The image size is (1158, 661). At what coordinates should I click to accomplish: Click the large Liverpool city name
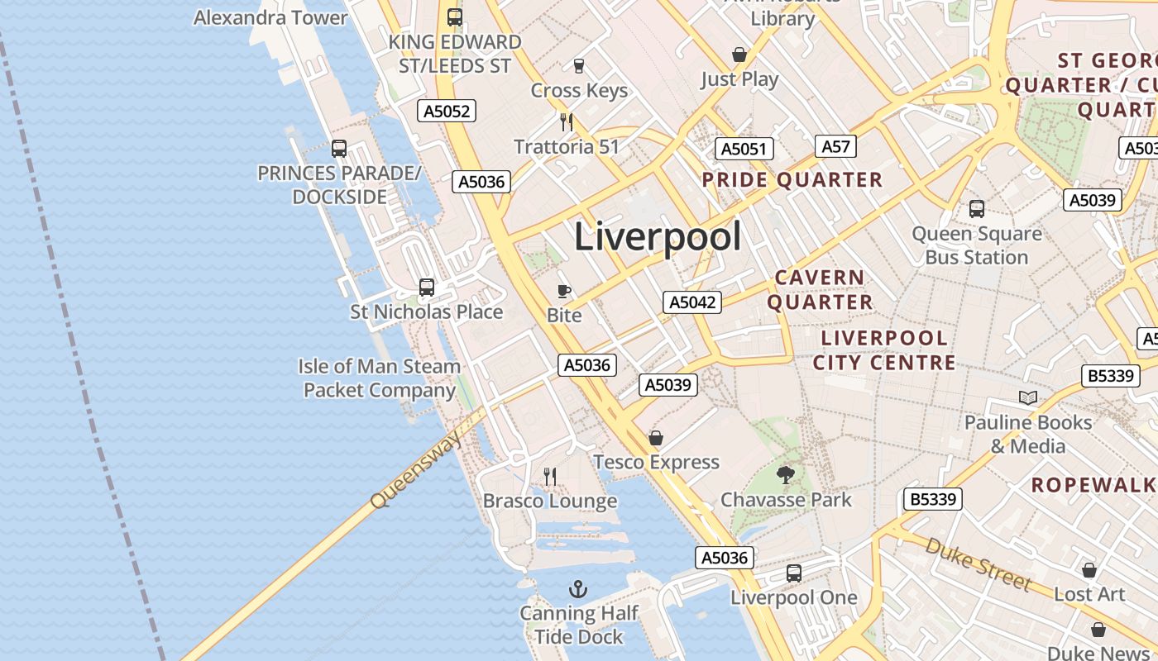tap(658, 237)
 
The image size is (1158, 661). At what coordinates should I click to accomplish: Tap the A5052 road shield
tap(447, 111)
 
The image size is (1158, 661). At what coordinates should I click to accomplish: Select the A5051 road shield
tap(744, 149)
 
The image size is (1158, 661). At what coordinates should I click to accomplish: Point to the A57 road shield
tap(835, 146)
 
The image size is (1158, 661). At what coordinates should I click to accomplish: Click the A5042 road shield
tap(692, 302)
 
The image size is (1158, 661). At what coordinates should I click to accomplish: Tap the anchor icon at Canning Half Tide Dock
tap(579, 589)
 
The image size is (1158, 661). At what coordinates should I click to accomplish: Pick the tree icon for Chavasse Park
tap(786, 474)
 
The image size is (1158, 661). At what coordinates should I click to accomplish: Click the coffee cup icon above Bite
tap(564, 291)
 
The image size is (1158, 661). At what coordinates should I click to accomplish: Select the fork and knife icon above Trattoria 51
tap(567, 122)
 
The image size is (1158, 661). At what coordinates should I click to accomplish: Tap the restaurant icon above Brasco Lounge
tap(550, 476)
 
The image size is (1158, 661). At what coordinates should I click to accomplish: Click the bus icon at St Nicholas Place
tap(427, 288)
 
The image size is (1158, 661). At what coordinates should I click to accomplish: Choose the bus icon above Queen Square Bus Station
tap(977, 209)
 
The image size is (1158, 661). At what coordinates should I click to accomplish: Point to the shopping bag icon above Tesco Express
tap(656, 438)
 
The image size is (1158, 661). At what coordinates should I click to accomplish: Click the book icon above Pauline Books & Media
tap(1028, 398)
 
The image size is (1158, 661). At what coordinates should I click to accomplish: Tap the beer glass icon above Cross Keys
tap(579, 66)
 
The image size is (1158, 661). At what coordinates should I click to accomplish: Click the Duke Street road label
tap(978, 564)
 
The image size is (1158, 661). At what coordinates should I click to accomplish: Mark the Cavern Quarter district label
tap(820, 289)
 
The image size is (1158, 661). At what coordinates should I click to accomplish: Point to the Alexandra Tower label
tap(270, 17)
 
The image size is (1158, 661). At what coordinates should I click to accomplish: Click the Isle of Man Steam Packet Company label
tap(380, 378)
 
